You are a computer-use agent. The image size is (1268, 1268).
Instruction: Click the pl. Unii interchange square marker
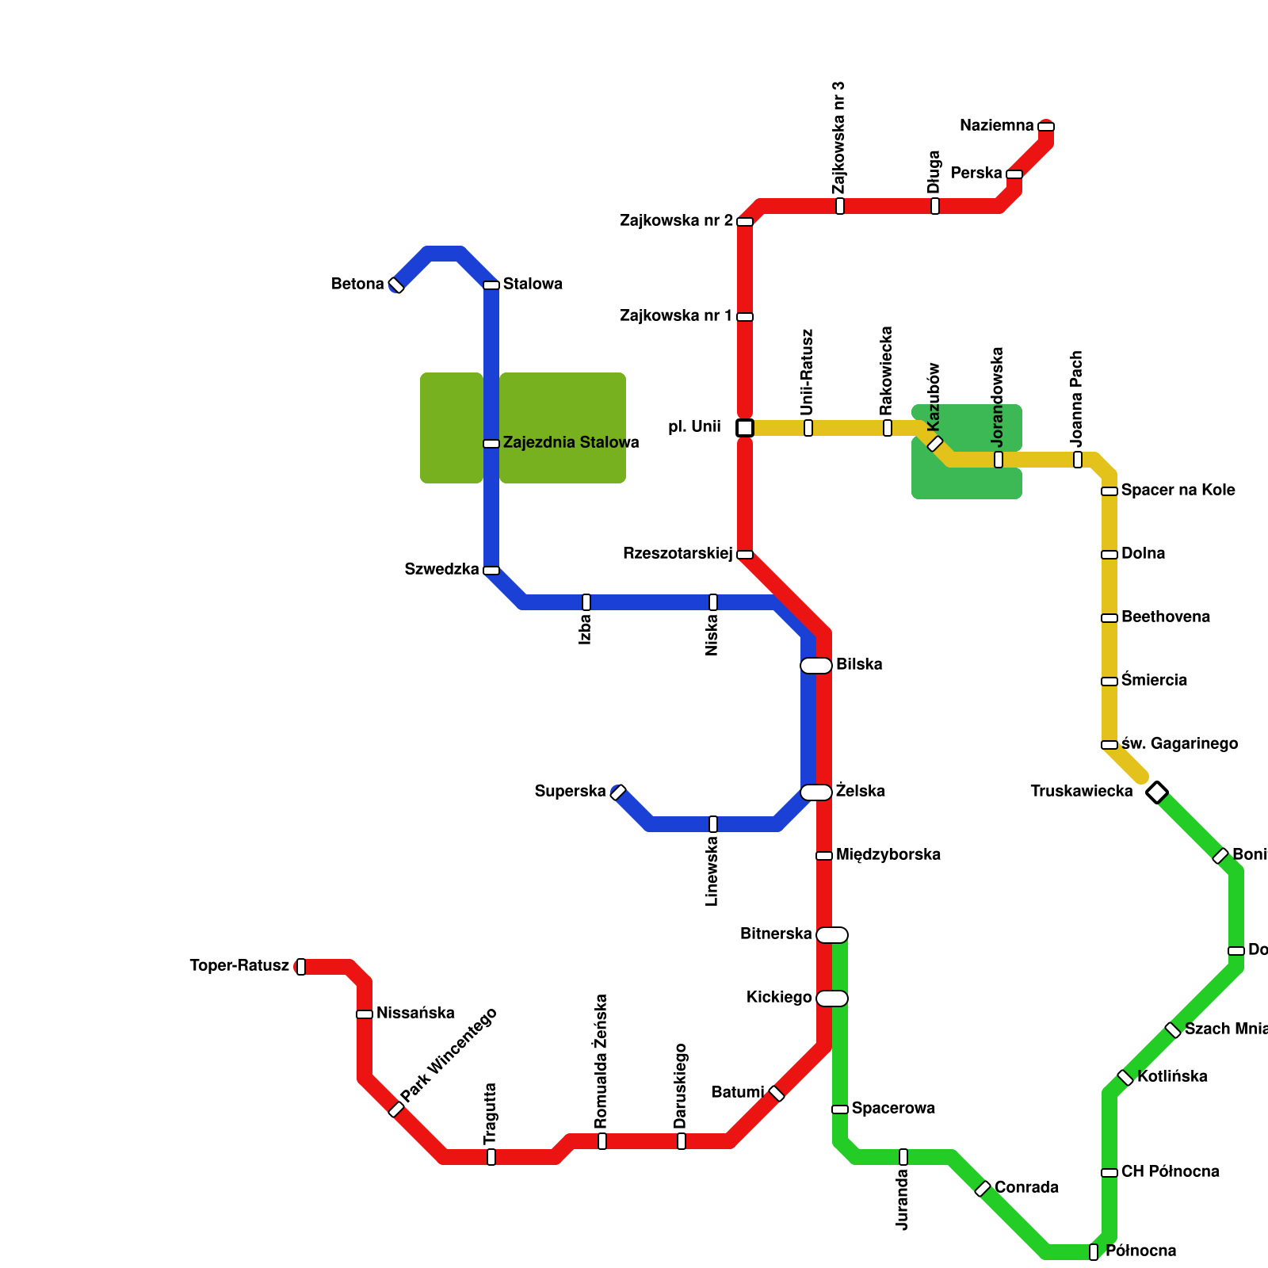point(744,428)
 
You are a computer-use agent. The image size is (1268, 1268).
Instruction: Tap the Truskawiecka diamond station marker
point(1157,792)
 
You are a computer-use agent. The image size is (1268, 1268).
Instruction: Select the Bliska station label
point(859,665)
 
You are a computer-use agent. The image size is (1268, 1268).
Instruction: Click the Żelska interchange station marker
point(816,792)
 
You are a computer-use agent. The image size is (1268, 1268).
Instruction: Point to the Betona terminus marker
point(396,285)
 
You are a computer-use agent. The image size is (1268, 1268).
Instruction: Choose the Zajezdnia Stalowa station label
point(571,443)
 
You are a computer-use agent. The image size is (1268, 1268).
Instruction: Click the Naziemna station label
point(996,126)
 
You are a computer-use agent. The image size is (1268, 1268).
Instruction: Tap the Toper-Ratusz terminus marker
point(301,967)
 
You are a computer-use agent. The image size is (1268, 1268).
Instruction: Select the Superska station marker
point(618,792)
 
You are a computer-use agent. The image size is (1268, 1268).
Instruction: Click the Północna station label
point(1140,1251)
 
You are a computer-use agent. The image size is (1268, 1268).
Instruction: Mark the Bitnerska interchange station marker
point(832,935)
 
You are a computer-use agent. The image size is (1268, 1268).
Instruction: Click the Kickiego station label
point(779,998)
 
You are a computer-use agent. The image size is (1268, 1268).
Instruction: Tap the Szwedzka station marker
point(491,571)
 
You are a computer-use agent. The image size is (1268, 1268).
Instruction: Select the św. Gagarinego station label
point(1179,744)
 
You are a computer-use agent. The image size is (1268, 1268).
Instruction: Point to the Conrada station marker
point(983,1189)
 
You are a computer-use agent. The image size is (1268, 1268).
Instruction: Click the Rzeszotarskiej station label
point(678,554)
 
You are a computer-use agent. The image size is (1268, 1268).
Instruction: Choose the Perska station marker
point(1014,174)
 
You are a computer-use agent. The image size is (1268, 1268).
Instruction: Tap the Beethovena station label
point(1165,617)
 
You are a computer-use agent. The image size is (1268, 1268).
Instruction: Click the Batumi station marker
point(777,1094)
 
